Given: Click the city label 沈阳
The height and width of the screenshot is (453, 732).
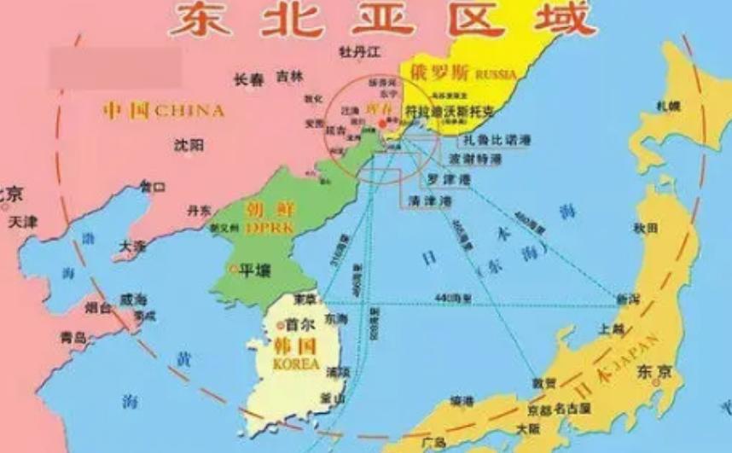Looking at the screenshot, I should tap(189, 145).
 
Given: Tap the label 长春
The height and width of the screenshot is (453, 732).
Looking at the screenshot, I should tap(249, 79).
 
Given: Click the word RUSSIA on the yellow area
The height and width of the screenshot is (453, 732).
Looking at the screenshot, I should tap(497, 74).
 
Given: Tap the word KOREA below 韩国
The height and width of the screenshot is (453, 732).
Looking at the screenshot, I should tap(294, 364).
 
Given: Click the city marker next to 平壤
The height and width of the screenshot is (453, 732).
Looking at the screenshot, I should tap(235, 270).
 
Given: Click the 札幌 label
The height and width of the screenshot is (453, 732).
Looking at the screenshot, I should tap(668, 106).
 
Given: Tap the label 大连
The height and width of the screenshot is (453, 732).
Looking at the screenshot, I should tap(132, 246).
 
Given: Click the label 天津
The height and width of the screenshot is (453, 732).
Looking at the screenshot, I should tap(23, 223).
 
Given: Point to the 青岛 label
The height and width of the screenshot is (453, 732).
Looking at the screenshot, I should tap(73, 338).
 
